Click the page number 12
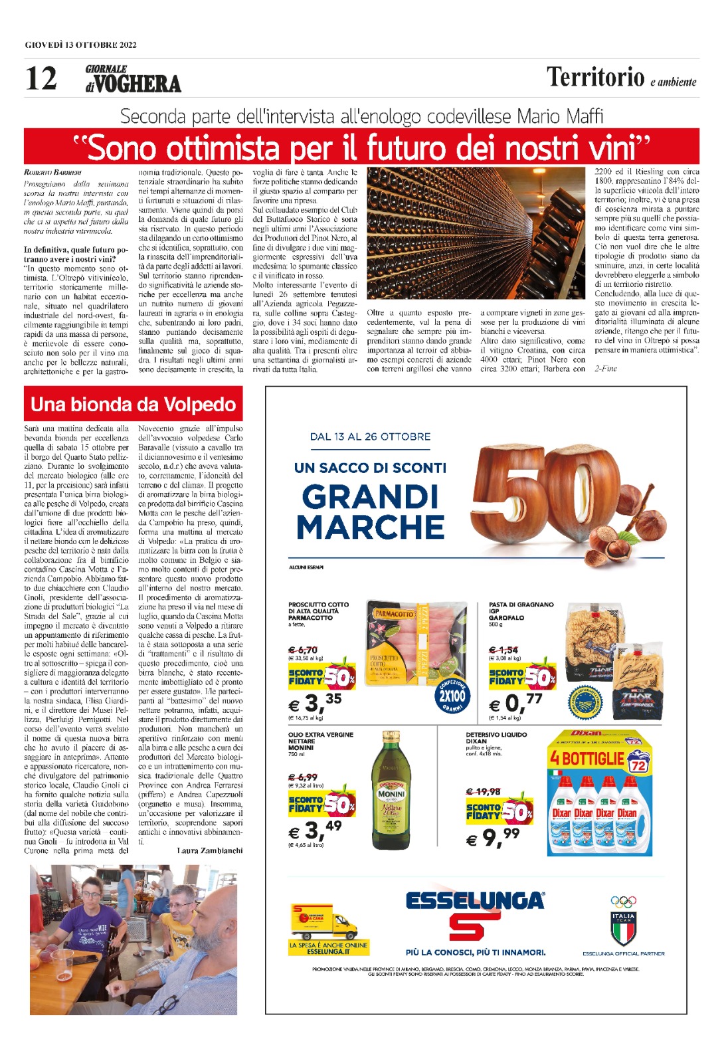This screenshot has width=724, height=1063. point(41,78)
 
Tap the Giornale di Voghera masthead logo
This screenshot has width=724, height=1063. point(133,79)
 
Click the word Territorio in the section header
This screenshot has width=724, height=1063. point(595,78)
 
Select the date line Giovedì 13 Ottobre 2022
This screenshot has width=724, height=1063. point(80,45)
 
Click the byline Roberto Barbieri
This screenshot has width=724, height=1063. point(52,173)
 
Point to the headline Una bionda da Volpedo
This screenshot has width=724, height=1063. point(133,405)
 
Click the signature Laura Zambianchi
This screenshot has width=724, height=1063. point(210,850)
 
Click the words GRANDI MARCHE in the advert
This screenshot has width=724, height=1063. point(370,512)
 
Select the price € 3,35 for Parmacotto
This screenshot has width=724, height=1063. point(315,702)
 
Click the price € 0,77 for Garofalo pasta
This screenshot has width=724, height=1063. point(515,702)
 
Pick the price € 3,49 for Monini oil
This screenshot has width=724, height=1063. point(315,830)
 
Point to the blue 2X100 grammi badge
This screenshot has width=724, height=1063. point(452,695)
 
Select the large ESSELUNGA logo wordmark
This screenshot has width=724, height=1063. point(474,901)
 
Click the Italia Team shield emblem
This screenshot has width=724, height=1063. point(623,927)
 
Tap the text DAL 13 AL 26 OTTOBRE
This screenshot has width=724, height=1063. point(370,436)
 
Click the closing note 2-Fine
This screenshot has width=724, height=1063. point(605,368)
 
